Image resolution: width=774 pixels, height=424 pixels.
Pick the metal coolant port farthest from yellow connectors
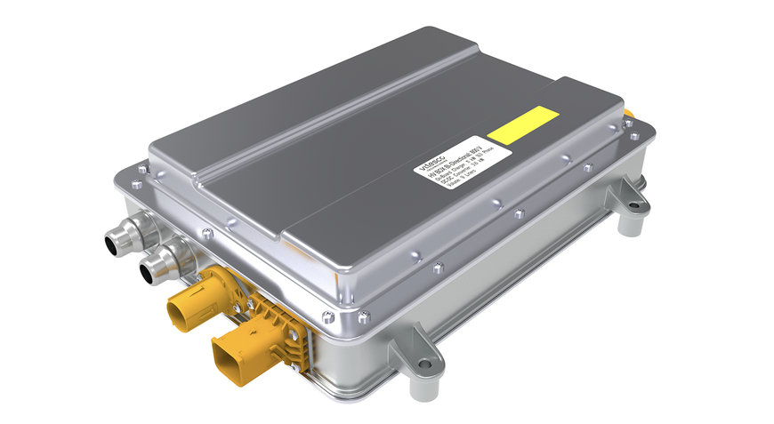pyautogui.click(x=120, y=237)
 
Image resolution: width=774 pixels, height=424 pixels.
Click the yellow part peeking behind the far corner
pyautogui.click(x=629, y=112)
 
